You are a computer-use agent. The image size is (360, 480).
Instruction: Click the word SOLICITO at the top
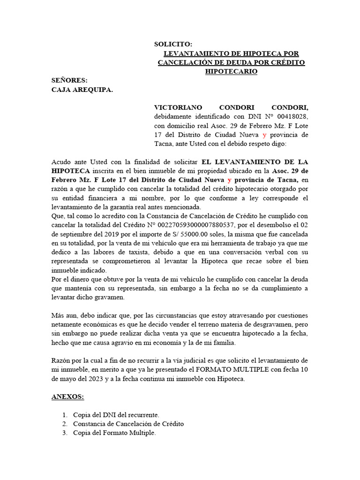(x=173, y=44)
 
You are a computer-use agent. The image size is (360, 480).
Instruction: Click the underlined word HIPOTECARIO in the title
(x=232, y=71)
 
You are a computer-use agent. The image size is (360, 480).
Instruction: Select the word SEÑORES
(x=69, y=81)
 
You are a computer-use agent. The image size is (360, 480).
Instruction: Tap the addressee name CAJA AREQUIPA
(x=82, y=90)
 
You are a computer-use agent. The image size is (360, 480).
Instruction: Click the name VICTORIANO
(x=178, y=107)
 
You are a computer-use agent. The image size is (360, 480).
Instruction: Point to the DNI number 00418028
(x=292, y=116)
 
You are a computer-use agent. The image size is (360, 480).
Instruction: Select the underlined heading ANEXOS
(x=67, y=397)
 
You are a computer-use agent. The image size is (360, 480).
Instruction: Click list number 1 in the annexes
(x=65, y=415)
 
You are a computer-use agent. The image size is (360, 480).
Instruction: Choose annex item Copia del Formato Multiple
(x=114, y=433)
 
